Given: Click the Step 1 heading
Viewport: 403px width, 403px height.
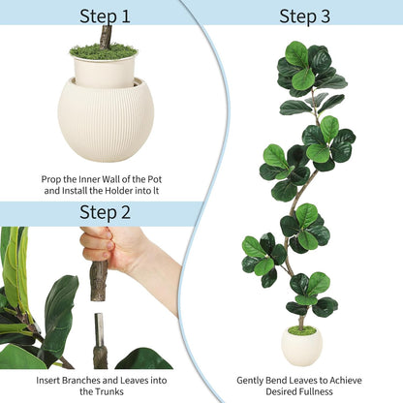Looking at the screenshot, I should tap(105, 15).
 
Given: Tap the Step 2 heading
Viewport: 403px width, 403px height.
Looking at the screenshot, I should tap(105, 212).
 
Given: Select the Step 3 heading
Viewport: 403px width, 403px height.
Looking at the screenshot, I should tap(304, 15).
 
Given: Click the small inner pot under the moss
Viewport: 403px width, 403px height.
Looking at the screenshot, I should tap(104, 71).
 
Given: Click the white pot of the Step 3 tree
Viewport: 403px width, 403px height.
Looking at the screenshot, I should tap(302, 347).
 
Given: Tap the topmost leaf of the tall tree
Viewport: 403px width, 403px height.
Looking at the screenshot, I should tap(296, 52).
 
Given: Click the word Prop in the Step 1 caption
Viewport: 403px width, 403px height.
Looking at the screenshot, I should tap(53, 178).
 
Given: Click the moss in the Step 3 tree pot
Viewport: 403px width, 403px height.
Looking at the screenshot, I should tap(302, 330).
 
